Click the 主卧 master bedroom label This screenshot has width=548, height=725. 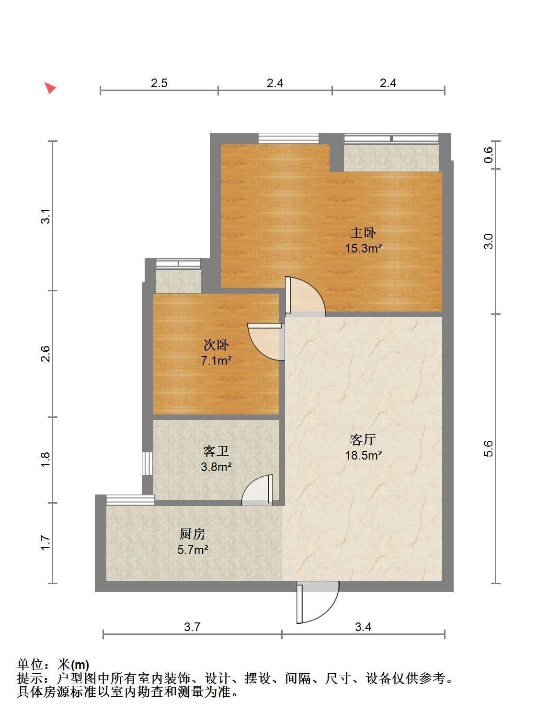363,233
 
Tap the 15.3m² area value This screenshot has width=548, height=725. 364,248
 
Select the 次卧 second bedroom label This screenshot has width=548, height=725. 216,345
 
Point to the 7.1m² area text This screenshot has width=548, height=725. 216,360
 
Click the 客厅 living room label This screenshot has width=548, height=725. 363,439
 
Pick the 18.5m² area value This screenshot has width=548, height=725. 364,455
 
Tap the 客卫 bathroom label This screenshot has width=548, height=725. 216,451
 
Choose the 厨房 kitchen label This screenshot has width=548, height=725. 193,534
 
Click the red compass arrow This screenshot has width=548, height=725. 50,88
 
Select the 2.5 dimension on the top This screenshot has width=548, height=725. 159,83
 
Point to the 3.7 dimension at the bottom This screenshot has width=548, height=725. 192,627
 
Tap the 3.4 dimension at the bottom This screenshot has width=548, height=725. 363,627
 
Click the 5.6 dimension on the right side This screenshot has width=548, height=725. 488,449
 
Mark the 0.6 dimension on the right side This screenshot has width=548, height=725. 488,155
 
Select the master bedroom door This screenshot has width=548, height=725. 305,296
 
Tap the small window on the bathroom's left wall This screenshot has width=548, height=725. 147,463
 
